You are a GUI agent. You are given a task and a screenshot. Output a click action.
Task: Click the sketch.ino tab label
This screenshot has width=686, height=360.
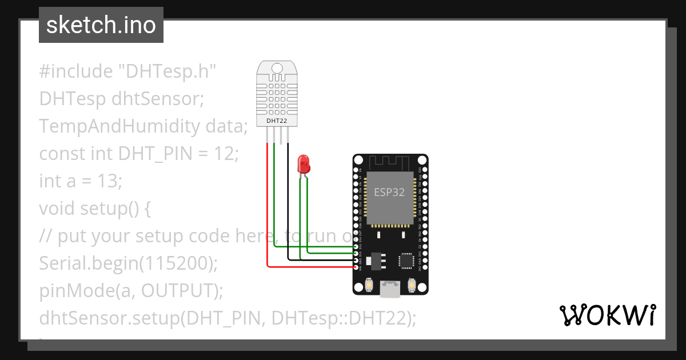pos(101,26)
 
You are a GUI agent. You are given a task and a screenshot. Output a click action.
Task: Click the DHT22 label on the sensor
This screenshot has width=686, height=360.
pos(277,121)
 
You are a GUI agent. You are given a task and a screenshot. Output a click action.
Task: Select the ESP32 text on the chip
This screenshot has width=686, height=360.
pos(389,193)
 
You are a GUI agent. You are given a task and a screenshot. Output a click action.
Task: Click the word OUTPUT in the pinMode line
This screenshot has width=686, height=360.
pos(178,291)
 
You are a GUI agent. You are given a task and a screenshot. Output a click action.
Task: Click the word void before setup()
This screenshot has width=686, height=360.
pos(57,209)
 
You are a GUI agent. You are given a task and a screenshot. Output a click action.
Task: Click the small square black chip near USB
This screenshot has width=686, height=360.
pos(406,261)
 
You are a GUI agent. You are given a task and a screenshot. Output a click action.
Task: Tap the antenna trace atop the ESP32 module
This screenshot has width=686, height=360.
pos(390,162)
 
